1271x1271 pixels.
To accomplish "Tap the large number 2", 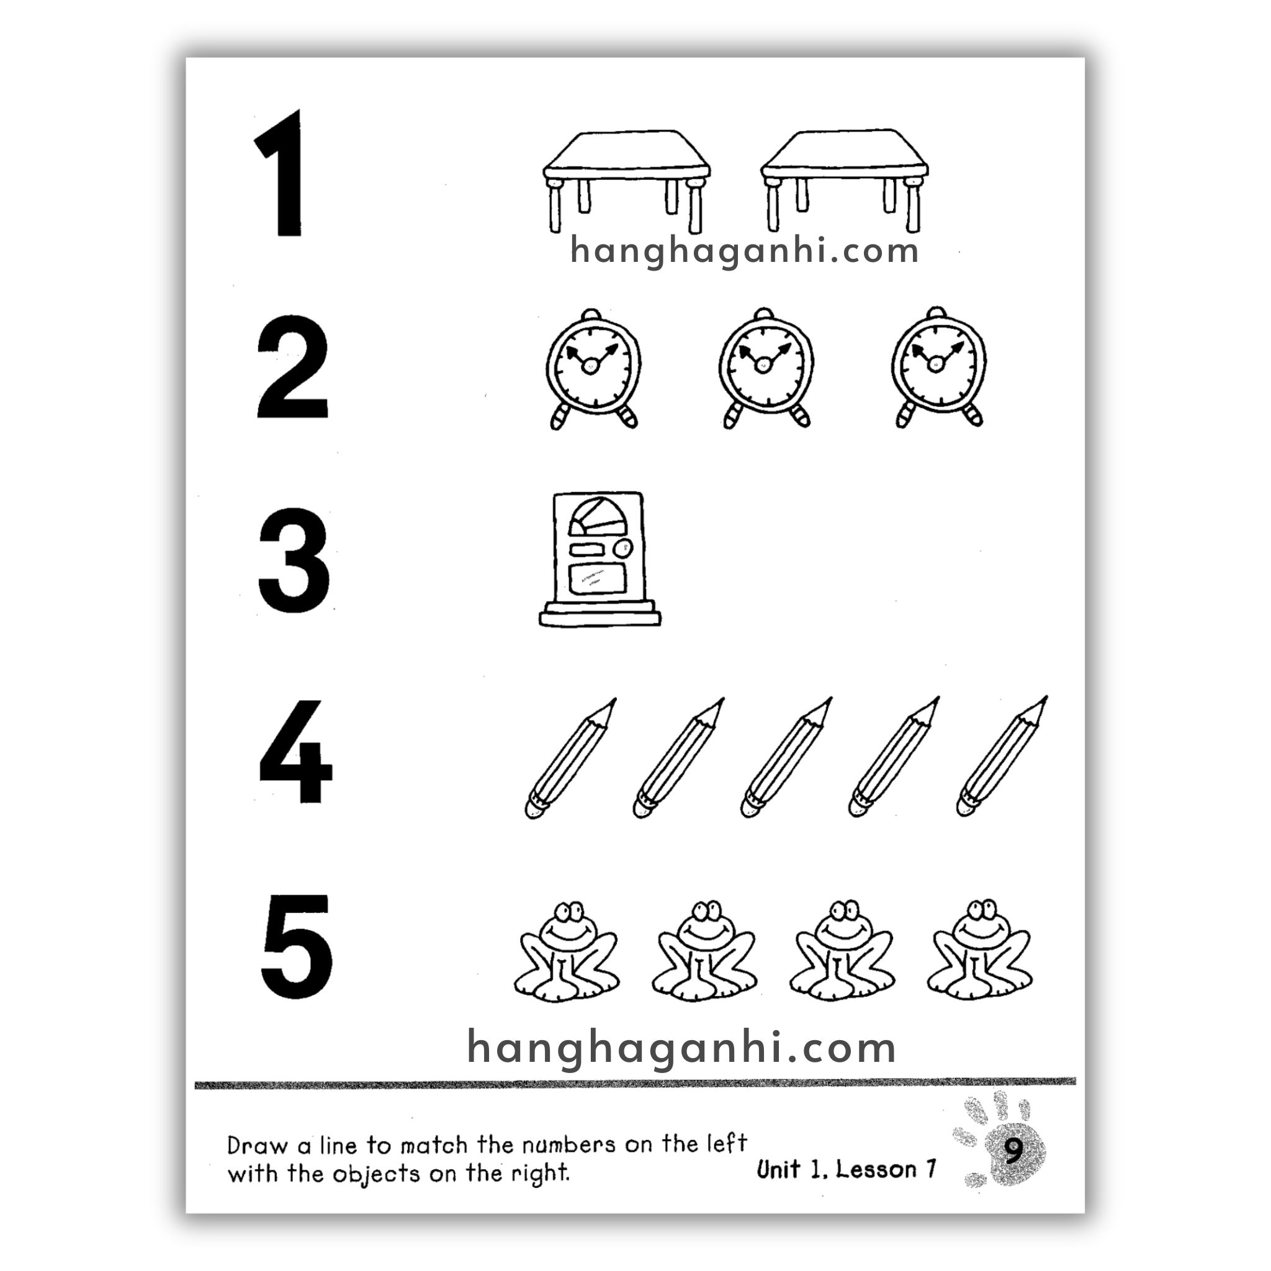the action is tap(292, 367).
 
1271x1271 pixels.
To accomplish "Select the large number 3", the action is tap(294, 560).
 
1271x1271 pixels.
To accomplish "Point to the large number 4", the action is tap(295, 752).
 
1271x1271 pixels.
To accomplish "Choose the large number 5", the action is tap(297, 946).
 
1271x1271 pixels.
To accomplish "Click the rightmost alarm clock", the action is tap(939, 367).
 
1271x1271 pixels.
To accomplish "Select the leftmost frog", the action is tap(566, 951).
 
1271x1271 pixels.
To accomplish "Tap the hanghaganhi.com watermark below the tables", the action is tap(744, 251).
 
